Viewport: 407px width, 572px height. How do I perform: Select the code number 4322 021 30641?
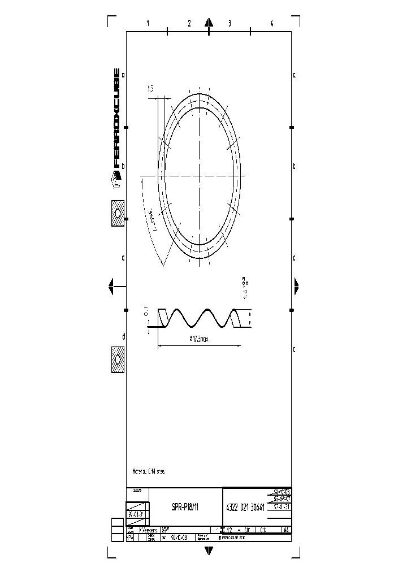pyautogui.click(x=245, y=508)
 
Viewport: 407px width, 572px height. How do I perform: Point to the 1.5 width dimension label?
pyautogui.click(x=150, y=88)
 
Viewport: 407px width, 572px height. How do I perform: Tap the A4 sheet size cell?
pyautogui.click(x=285, y=530)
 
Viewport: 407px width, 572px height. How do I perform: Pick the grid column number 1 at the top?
pyautogui.click(x=148, y=24)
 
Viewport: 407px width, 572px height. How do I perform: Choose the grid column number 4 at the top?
pyautogui.click(x=272, y=24)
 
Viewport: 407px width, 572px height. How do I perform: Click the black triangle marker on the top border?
pyautogui.click(x=209, y=23)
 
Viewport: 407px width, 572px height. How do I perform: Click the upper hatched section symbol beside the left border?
pyautogui.click(x=118, y=214)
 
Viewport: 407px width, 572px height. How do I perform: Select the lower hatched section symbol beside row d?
pyautogui.click(x=118, y=359)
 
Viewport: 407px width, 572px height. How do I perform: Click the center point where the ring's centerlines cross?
pyautogui.click(x=200, y=176)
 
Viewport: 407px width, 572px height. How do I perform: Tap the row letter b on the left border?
pyautogui.click(x=123, y=166)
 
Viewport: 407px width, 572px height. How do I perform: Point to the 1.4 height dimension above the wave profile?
pyautogui.click(x=244, y=287)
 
